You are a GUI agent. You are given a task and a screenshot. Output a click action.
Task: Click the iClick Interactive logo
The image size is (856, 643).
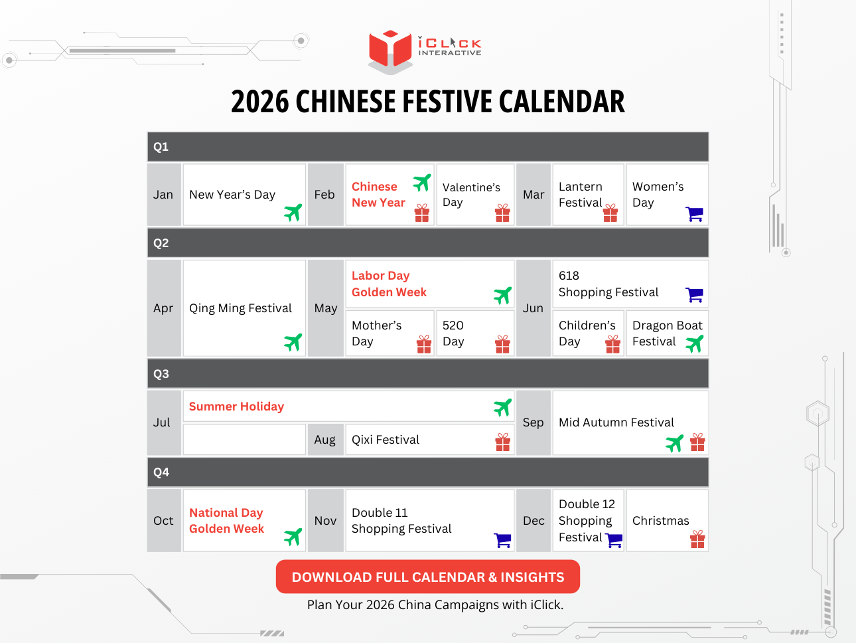tap(425, 50)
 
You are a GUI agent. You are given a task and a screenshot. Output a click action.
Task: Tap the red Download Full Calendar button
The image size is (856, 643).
tap(427, 577)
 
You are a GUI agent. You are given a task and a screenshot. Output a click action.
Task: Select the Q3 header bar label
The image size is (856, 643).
tap(161, 374)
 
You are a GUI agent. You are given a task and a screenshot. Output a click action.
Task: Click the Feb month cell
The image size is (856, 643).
tap(325, 195)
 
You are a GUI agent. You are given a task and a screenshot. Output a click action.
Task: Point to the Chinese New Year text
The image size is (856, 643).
tap(378, 195)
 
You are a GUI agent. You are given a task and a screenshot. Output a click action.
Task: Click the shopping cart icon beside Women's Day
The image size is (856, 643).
tap(694, 214)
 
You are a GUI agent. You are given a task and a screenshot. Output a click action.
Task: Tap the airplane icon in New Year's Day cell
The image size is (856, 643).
tap(293, 213)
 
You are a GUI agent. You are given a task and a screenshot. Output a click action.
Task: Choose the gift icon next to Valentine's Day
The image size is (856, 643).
tap(502, 213)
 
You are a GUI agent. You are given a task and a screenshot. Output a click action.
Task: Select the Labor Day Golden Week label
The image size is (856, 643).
tap(389, 284)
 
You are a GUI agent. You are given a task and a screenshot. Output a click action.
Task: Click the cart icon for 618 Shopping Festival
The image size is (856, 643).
tap(694, 294)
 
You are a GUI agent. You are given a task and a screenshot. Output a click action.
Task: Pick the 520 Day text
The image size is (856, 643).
tap(453, 333)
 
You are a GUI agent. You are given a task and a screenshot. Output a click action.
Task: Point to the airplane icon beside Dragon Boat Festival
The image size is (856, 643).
tap(694, 343)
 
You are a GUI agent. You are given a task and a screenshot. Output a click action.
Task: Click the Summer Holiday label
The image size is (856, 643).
tap(236, 407)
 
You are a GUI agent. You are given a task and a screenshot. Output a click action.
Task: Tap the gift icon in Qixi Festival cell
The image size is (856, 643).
tap(503, 442)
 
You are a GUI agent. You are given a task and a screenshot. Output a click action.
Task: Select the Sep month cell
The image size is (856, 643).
tap(533, 422)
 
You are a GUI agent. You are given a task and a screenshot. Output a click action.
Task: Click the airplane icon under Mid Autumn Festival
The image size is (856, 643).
tap(675, 443)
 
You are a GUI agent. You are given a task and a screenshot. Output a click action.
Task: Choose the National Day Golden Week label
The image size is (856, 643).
tap(226, 521)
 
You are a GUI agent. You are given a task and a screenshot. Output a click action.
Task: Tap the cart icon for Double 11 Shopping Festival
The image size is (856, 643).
tap(503, 541)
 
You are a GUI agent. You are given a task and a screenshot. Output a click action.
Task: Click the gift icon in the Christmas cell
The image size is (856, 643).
tap(697, 539)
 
